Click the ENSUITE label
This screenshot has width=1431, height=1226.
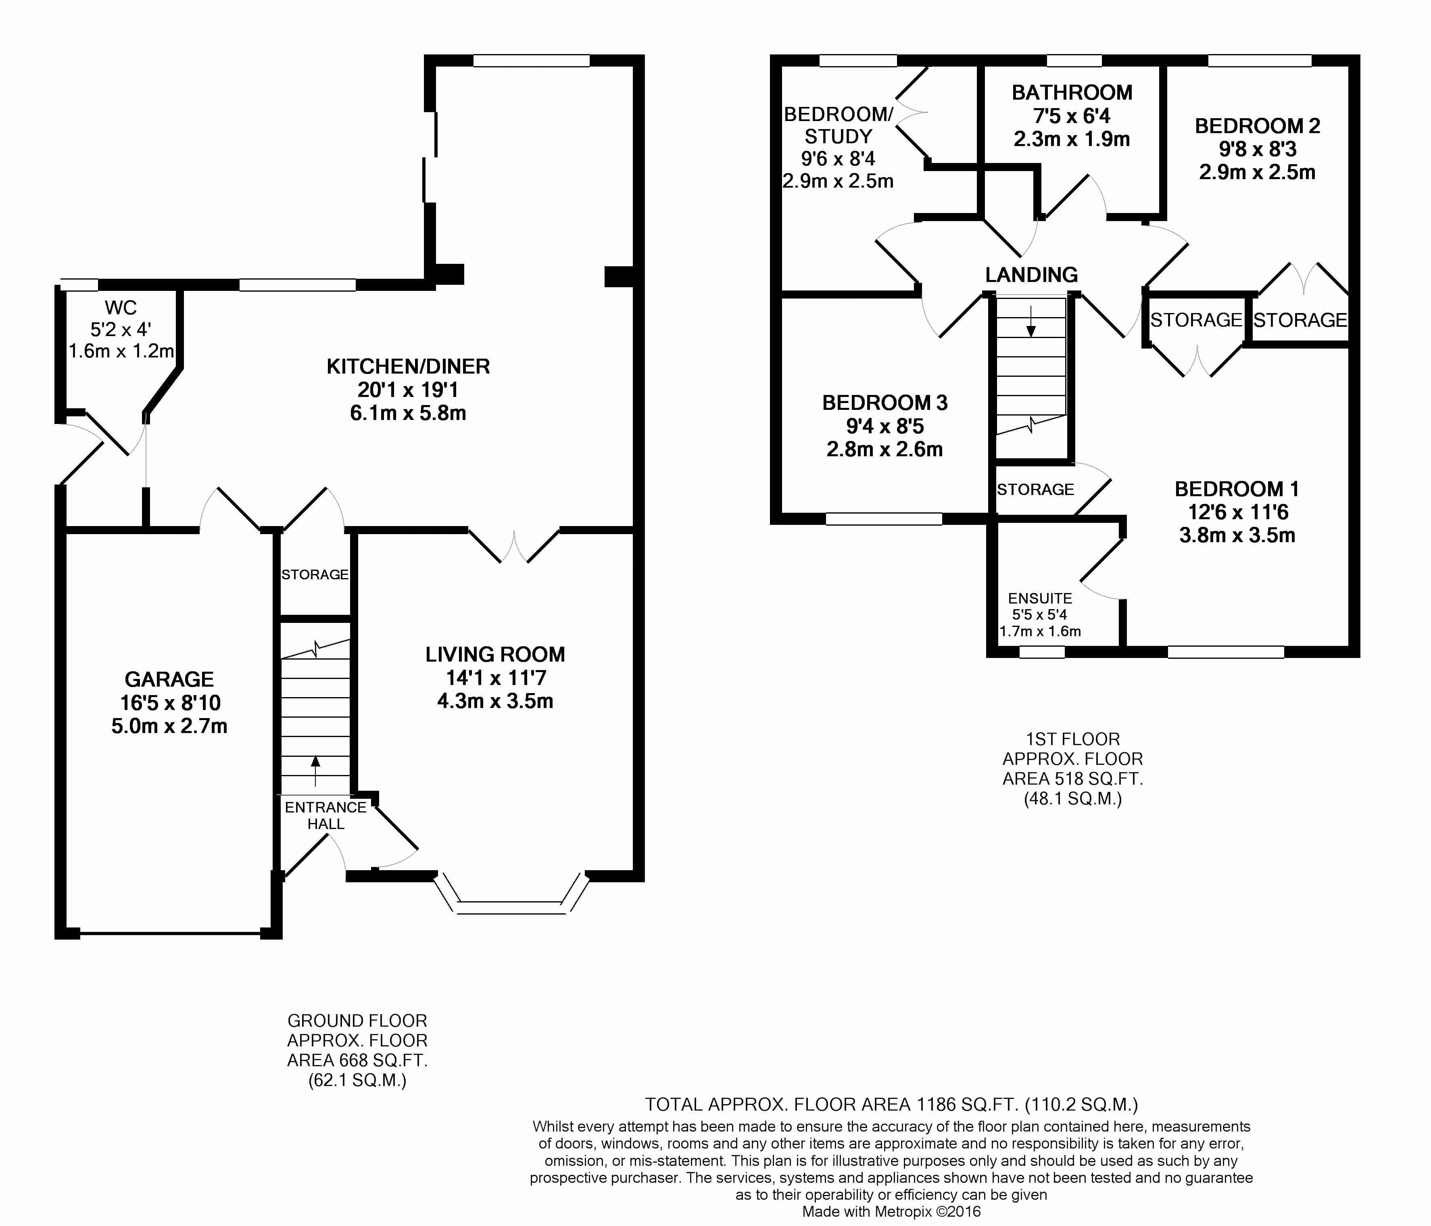pyautogui.click(x=1040, y=598)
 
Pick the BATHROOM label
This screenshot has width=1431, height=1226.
pyautogui.click(x=1072, y=92)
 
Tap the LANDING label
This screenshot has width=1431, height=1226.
pyautogui.click(x=1031, y=275)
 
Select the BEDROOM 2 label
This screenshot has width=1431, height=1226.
pyautogui.click(x=1257, y=126)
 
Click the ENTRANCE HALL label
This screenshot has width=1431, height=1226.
pyautogui.click(x=326, y=815)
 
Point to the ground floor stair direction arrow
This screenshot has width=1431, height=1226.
pyautogui.click(x=316, y=771)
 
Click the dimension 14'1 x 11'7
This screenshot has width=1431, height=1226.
pyautogui.click(x=495, y=678)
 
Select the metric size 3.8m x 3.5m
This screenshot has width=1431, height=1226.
pyautogui.click(x=1237, y=535)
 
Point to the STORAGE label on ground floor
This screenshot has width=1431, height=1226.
pyautogui.click(x=315, y=574)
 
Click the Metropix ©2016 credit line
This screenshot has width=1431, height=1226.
pyautogui.click(x=891, y=1211)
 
